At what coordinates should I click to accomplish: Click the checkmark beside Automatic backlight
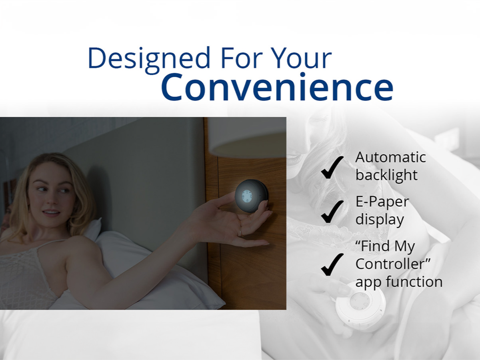tap(332, 167)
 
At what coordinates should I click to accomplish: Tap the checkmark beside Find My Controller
tap(332, 264)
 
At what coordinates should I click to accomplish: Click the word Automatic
tap(390, 157)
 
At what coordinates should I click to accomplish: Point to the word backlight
tap(386, 175)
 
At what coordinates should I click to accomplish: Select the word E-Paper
tap(382, 202)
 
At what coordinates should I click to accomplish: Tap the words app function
tap(399, 282)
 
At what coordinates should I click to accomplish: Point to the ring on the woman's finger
tap(240, 232)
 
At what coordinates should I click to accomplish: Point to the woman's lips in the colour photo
tap(51, 212)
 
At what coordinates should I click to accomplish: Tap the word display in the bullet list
tap(379, 220)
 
